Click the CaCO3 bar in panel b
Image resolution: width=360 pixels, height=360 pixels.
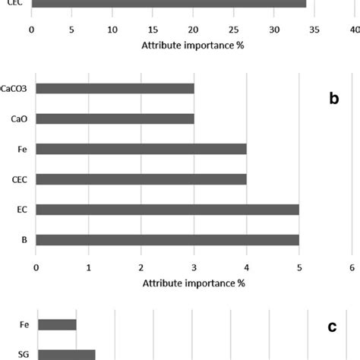click(115, 88)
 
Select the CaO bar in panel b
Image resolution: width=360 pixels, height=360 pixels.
click(115, 118)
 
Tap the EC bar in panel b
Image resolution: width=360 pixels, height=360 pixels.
click(167, 209)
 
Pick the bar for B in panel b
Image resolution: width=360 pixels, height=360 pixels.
click(167, 239)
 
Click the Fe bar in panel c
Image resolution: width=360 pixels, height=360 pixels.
click(57, 325)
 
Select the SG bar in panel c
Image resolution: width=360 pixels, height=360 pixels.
click(66, 355)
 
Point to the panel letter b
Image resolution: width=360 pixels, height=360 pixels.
click(333, 99)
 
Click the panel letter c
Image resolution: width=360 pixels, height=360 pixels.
click(332, 327)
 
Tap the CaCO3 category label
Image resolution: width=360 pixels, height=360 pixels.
click(14, 88)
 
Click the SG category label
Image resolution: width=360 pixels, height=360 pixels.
click(24, 355)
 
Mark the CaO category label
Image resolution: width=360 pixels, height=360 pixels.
click(19, 118)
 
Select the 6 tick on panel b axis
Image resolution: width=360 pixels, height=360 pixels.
click(352, 267)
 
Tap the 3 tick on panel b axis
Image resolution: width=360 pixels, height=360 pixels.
click(194, 267)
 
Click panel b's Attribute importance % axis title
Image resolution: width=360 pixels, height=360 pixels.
click(193, 283)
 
